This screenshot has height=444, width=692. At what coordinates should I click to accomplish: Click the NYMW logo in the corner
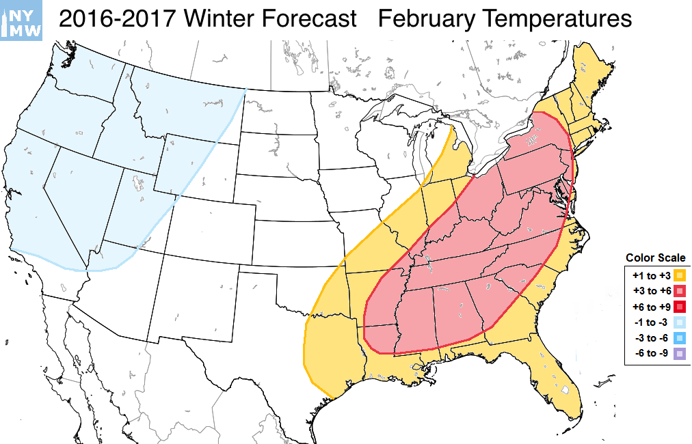(x=22, y=19)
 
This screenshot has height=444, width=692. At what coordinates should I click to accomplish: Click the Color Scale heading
(x=655, y=258)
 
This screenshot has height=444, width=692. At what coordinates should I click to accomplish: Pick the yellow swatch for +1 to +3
(x=680, y=275)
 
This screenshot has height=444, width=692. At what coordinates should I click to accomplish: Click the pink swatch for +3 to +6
(x=680, y=291)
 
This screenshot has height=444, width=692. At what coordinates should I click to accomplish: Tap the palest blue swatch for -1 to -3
(x=680, y=322)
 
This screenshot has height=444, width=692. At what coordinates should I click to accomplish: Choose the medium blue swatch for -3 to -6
(x=680, y=338)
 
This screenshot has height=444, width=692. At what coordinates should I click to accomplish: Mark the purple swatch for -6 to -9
(x=680, y=354)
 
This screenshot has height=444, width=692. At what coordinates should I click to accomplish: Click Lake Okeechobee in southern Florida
(x=565, y=390)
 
